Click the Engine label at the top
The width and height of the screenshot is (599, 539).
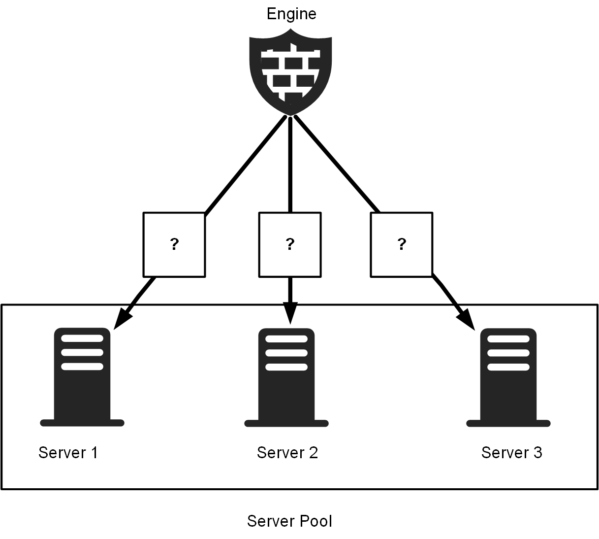click(291, 14)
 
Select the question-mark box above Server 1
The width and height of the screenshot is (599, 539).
click(174, 244)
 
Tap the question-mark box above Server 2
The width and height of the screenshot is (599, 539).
click(290, 244)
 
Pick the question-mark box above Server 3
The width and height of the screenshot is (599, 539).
click(402, 244)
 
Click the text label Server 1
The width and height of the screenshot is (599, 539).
click(68, 453)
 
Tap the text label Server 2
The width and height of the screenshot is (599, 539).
click(287, 453)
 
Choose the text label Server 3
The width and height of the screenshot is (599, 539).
click(512, 453)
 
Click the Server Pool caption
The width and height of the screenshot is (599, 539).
click(289, 521)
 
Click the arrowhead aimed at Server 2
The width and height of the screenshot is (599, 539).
click(290, 313)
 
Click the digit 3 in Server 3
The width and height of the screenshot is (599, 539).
click(537, 453)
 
